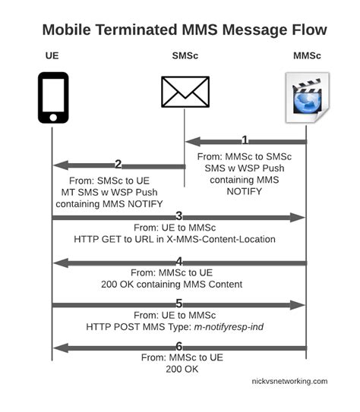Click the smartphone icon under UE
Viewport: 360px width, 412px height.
52,97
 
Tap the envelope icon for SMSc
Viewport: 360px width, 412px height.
185,92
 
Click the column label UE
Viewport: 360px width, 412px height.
52,56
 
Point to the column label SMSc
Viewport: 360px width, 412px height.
185,56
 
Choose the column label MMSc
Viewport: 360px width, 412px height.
307,56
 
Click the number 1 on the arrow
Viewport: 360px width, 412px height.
245,140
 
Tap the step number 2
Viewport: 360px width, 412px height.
118,164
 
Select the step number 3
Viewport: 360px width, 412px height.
179,216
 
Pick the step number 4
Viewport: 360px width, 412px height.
179,261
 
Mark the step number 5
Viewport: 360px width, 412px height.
179,303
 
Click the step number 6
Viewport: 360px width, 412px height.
179,347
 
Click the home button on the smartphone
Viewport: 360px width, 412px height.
52,118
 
